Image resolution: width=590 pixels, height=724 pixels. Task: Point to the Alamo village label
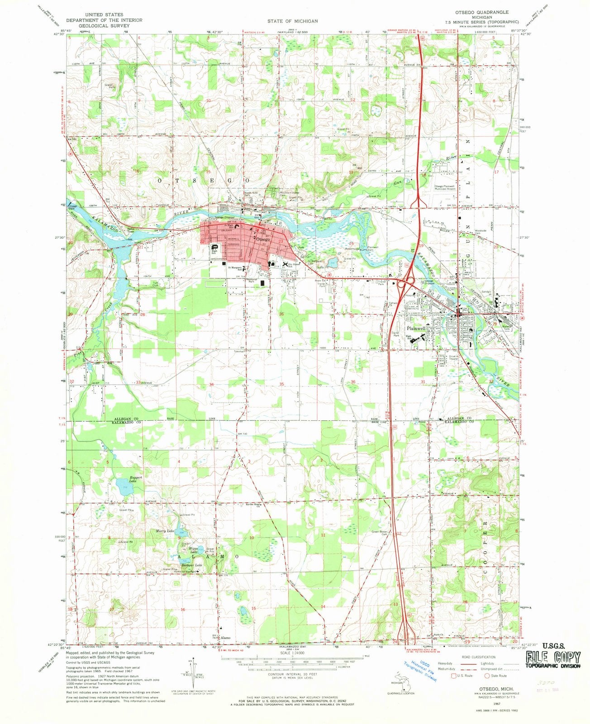click(225, 638)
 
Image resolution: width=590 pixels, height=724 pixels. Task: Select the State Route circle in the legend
click(487, 676)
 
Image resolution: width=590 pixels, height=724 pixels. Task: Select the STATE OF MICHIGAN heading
click(292, 21)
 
